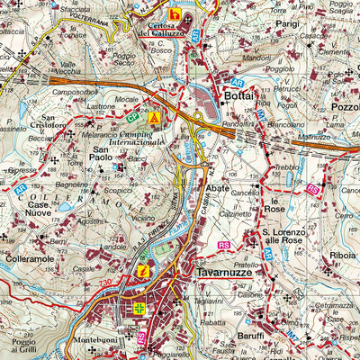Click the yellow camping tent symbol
point(154,118)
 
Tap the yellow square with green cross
point(139,309)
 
